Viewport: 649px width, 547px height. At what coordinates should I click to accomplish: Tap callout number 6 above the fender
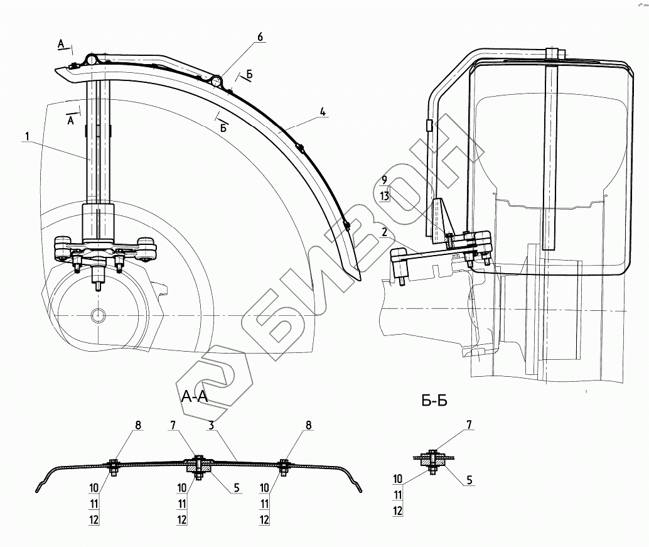[259, 36]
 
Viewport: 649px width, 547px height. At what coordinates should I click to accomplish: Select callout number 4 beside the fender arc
[322, 112]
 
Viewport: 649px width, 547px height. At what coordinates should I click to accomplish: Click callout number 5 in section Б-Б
[469, 480]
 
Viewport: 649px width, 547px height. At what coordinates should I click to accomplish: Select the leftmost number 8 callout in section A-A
[137, 425]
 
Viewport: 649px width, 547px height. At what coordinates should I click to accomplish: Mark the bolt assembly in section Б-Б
[432, 460]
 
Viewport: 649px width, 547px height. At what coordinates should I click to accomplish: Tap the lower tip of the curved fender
[360, 278]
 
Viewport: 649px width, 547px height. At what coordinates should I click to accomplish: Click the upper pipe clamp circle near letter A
[92, 60]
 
